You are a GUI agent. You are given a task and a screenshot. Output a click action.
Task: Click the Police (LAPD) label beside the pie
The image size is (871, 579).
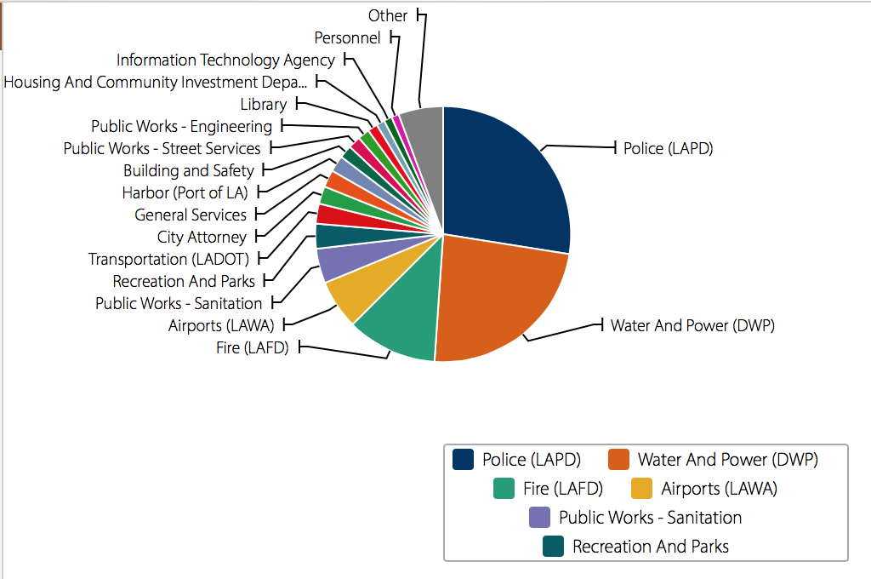pyautogui.click(x=668, y=148)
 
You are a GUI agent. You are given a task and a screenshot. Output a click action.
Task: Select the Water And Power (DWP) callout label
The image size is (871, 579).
pyautogui.click(x=692, y=325)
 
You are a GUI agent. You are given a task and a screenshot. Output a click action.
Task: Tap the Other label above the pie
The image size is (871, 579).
pyautogui.click(x=388, y=15)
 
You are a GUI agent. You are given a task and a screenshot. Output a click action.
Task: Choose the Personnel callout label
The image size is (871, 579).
pyautogui.click(x=347, y=37)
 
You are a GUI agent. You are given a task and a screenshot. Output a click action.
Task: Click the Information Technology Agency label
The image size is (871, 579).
pyautogui.click(x=225, y=60)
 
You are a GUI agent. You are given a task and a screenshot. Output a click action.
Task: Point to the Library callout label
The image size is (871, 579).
pyautogui.click(x=264, y=104)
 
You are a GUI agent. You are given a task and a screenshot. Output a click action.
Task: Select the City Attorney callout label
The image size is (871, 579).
pyautogui.click(x=202, y=237)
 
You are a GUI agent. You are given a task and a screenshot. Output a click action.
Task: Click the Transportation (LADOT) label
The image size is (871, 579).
pyautogui.click(x=168, y=259)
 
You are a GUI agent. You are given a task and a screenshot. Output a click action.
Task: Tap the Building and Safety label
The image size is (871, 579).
pyautogui.click(x=189, y=170)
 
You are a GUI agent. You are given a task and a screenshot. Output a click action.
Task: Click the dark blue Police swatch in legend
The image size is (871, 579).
pyautogui.click(x=464, y=459)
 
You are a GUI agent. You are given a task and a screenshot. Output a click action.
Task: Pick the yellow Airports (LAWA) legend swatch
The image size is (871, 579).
pyautogui.click(x=642, y=489)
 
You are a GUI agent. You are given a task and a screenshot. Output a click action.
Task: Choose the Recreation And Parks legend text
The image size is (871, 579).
pyautogui.click(x=651, y=547)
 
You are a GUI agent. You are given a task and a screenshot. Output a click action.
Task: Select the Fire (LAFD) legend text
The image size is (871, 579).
pyautogui.click(x=563, y=489)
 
